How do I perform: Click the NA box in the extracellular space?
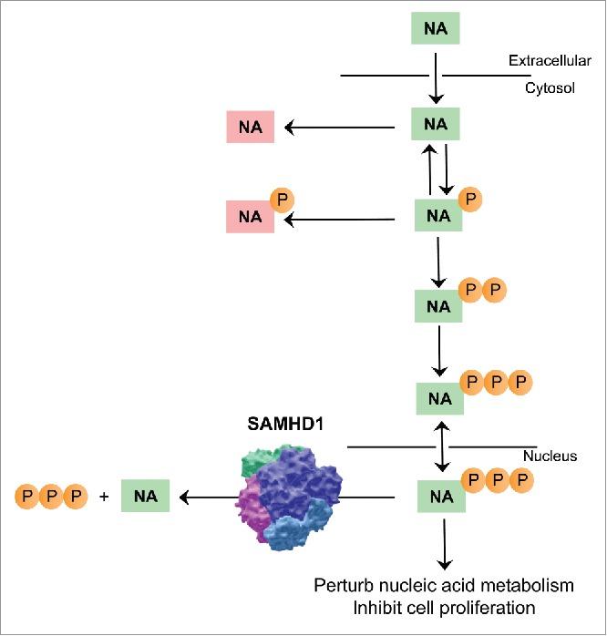pyautogui.click(x=436, y=29)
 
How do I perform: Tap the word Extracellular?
pyautogui.click(x=550, y=61)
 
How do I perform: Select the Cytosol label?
pyautogui.click(x=550, y=88)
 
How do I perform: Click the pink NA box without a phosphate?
pyautogui.click(x=251, y=127)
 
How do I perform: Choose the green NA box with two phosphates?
pyautogui.click(x=438, y=306)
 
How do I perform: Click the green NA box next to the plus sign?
pyautogui.click(x=145, y=498)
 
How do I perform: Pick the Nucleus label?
pyautogui.click(x=550, y=456)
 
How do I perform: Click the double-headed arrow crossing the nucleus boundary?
pyautogui.click(x=441, y=446)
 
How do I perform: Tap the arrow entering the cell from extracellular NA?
pyautogui.click(x=437, y=77)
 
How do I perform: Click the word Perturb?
pyautogui.click(x=343, y=585)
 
